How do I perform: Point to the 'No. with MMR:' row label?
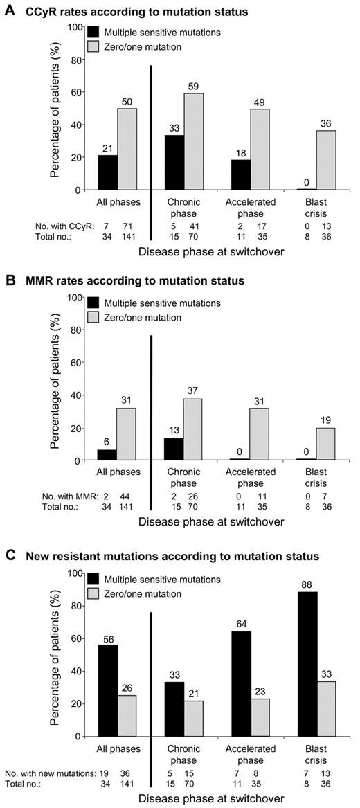point(60,496)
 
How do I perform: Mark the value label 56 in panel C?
point(107,639)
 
